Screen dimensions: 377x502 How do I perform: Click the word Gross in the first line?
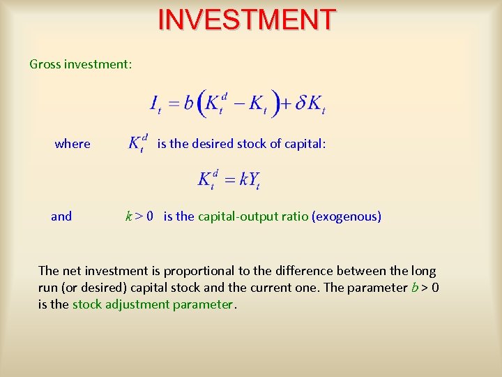[x=45, y=64]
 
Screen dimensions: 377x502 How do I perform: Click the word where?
[x=73, y=144]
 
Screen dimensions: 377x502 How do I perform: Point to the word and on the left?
[x=61, y=216]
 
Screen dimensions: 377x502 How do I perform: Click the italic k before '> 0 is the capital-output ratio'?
[x=128, y=216]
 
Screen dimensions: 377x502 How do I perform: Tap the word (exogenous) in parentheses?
[x=347, y=216]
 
